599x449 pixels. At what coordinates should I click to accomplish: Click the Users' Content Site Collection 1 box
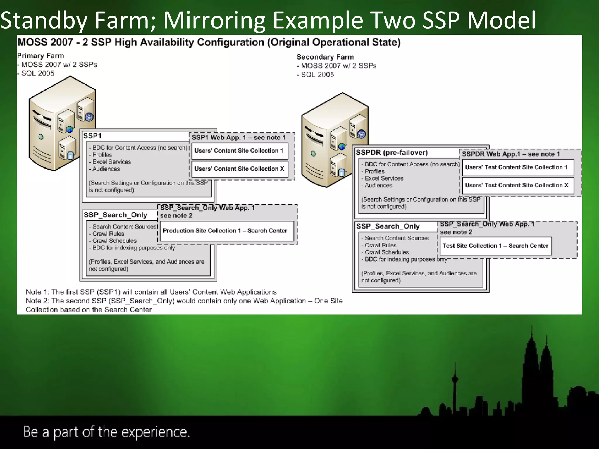click(240, 151)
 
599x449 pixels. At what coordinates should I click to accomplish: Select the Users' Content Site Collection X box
click(240, 169)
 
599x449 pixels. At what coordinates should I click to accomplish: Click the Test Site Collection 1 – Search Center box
click(495, 246)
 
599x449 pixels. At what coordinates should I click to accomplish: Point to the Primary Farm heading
click(40, 56)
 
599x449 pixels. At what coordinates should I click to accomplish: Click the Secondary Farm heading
click(325, 57)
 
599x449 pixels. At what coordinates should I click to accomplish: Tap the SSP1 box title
click(92, 136)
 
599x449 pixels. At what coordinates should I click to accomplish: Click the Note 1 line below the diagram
click(151, 292)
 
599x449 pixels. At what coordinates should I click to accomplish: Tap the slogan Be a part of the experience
click(106, 432)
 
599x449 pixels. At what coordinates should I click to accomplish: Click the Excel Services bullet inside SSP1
click(111, 162)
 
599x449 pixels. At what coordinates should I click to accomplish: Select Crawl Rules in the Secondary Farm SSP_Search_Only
click(381, 245)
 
